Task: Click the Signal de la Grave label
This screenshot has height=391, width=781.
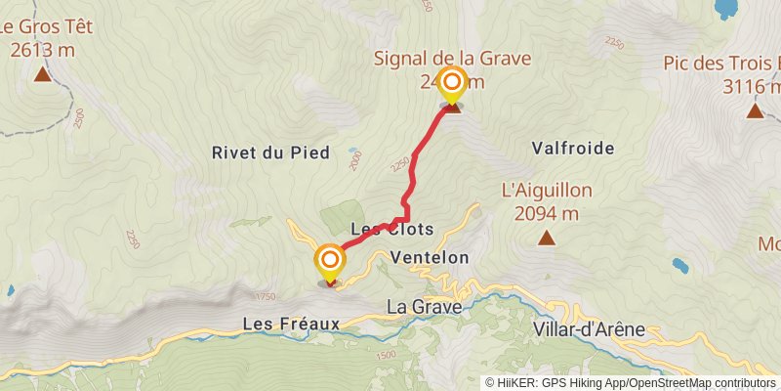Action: click(x=452, y=59)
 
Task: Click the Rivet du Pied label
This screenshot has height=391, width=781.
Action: click(x=270, y=152)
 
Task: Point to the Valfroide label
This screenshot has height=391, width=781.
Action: click(x=573, y=149)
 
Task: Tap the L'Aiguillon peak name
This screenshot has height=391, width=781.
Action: click(x=546, y=191)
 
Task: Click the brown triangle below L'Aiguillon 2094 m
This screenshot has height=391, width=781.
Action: click(x=547, y=238)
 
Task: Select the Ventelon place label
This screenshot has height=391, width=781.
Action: click(x=429, y=257)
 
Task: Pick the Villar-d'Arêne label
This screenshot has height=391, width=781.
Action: click(x=590, y=329)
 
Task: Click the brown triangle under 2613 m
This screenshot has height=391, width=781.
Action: click(x=43, y=74)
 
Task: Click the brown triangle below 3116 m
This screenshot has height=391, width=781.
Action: click(x=755, y=110)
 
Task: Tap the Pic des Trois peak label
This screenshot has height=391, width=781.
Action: click(x=721, y=64)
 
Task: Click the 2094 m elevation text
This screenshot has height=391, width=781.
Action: click(x=546, y=213)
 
